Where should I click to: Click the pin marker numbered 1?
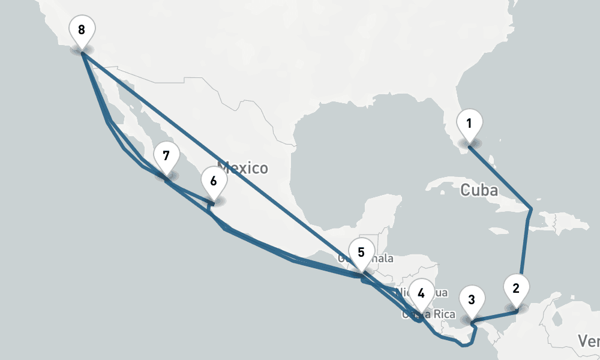(x=469, y=124)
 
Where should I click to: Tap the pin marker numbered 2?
(x=515, y=288)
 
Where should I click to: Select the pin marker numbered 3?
(x=472, y=300)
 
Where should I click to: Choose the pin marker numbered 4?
(x=421, y=294)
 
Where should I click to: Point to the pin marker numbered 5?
(x=361, y=253)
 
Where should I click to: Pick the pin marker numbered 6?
(x=214, y=180)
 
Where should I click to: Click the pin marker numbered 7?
(x=166, y=157)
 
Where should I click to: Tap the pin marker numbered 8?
(x=82, y=29)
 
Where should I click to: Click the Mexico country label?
(x=242, y=167)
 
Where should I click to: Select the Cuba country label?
(x=479, y=191)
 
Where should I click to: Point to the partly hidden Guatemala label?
(x=383, y=259)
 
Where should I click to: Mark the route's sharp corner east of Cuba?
(x=530, y=209)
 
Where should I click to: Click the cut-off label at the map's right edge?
(x=591, y=341)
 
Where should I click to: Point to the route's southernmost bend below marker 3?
(x=463, y=346)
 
